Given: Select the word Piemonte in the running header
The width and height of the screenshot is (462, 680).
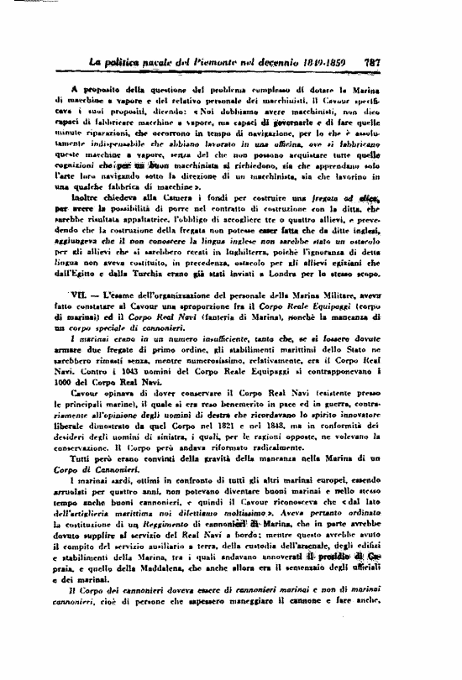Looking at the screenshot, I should (x=221, y=61).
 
